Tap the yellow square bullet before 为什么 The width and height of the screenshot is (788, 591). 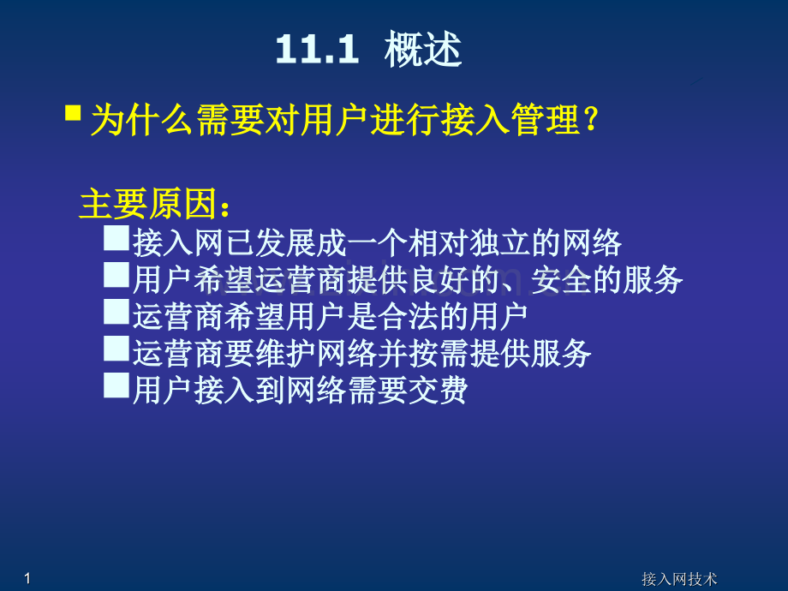(74, 113)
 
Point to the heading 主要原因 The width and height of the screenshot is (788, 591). (155, 206)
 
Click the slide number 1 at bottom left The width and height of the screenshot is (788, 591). (28, 579)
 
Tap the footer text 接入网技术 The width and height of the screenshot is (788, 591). (679, 580)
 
